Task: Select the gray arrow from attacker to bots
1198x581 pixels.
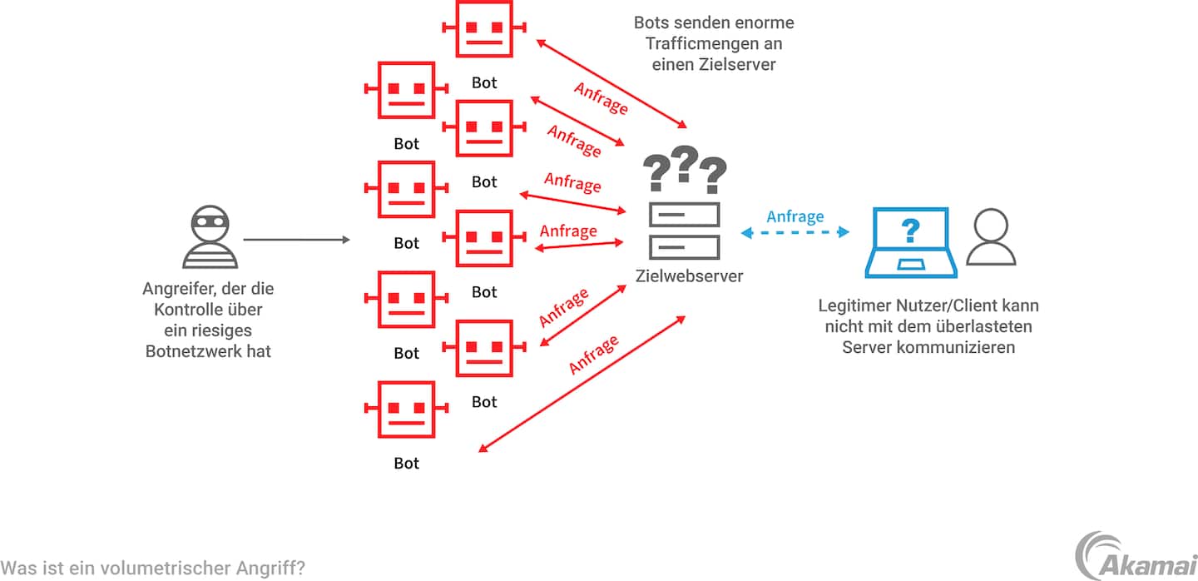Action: coord(296,240)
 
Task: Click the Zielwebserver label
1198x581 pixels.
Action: coord(688,276)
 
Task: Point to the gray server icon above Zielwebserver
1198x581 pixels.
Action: coord(684,230)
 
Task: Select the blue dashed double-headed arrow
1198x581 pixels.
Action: coord(795,232)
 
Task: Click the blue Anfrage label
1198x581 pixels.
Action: coord(795,216)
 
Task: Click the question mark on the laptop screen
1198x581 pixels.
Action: coord(911,229)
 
